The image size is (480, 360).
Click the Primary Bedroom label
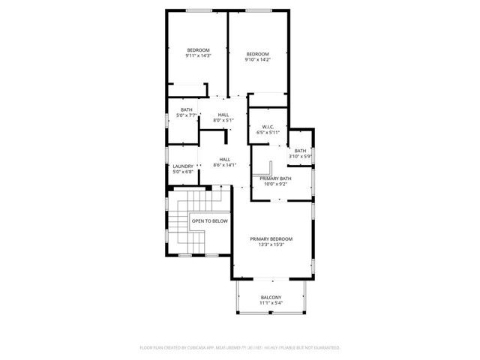(x=271, y=238)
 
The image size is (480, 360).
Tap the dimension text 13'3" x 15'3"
(x=271, y=244)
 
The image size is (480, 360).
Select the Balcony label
(x=271, y=298)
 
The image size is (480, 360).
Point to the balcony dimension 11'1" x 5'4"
(x=271, y=304)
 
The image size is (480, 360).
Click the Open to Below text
(x=209, y=221)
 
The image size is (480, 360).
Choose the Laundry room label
(x=183, y=166)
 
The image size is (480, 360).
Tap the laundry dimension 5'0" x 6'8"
(x=183, y=172)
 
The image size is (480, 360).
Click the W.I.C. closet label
(x=268, y=127)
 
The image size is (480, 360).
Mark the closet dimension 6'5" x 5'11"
(x=268, y=133)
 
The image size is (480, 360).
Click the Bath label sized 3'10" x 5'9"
(x=300, y=151)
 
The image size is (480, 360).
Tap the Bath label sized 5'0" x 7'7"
(x=186, y=110)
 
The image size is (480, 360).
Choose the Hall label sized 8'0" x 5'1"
(x=223, y=114)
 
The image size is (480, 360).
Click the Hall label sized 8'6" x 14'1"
(x=225, y=159)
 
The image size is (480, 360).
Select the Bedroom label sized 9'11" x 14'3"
(x=198, y=49)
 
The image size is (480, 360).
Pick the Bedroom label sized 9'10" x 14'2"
(x=257, y=54)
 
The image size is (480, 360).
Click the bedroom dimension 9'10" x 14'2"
(x=257, y=60)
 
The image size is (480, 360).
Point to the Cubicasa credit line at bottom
(x=240, y=348)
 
